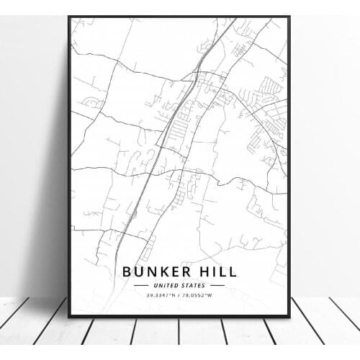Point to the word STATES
point(193,286)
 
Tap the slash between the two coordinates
point(180,294)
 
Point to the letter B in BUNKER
point(127,272)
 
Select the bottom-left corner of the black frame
point(70,316)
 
